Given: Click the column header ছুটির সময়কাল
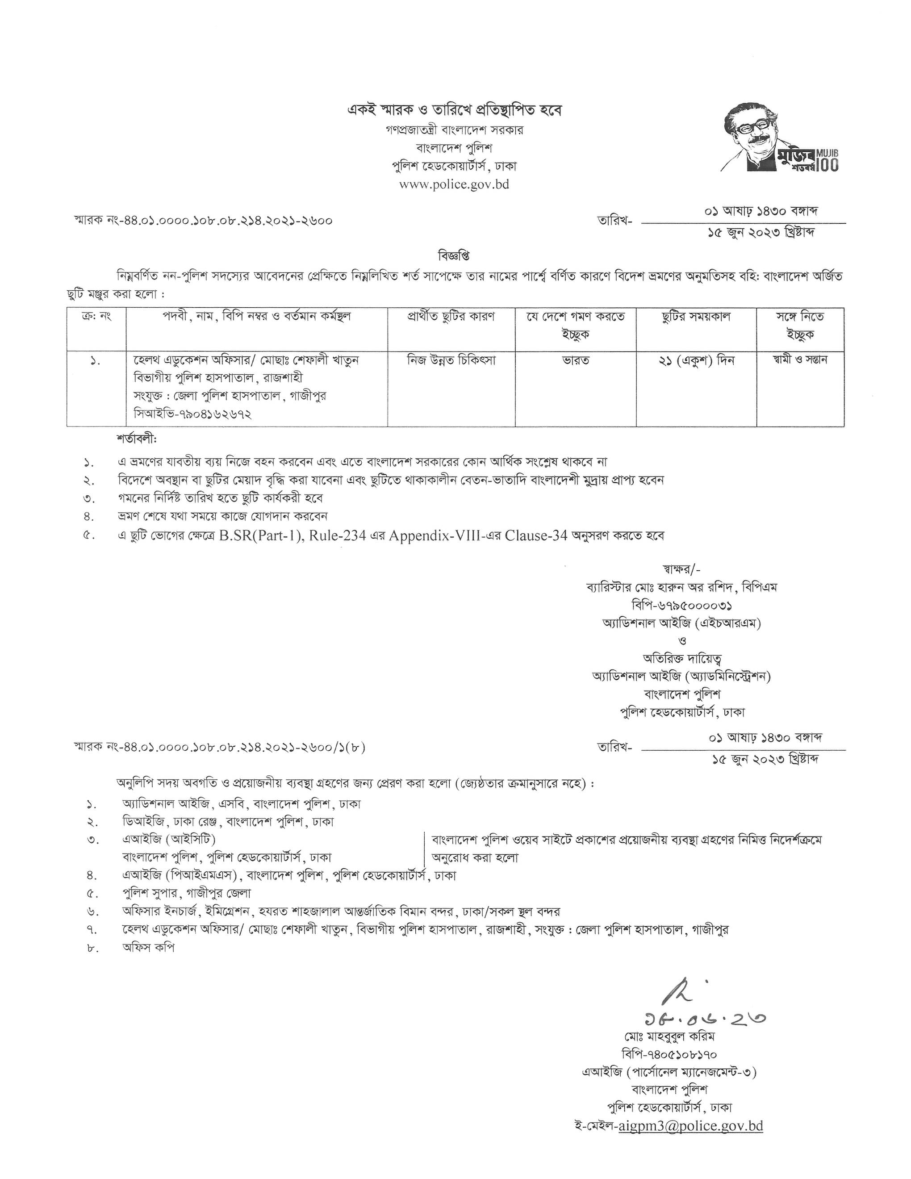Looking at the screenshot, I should click(x=696, y=317).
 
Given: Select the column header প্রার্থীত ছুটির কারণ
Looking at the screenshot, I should click(x=451, y=317).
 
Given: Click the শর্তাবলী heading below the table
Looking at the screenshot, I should click(x=136, y=439).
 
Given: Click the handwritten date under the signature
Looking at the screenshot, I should click(x=704, y=1019).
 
